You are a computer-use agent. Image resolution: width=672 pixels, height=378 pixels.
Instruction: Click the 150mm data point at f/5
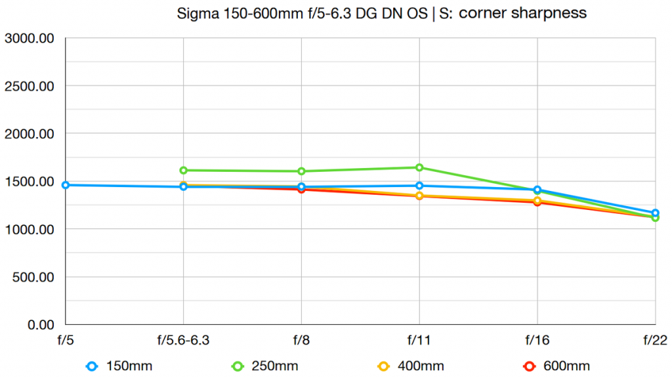(65, 185)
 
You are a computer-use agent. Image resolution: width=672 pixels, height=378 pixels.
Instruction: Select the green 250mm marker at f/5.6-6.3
(183, 170)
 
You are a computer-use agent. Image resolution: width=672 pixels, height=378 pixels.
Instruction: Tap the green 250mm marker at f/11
(419, 167)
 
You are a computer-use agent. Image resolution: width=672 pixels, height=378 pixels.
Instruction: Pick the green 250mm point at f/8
(301, 171)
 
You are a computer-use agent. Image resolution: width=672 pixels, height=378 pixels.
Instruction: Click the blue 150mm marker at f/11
(419, 186)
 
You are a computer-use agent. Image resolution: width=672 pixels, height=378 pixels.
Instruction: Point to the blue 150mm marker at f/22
(655, 213)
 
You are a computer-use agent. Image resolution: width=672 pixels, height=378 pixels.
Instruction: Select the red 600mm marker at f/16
(537, 202)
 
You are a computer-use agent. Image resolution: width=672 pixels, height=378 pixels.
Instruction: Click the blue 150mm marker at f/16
(537, 190)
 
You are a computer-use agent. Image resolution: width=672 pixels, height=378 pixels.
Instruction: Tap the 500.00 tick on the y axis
(32, 277)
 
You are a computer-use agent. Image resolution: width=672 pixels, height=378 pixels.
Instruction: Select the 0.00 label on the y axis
(38, 324)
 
